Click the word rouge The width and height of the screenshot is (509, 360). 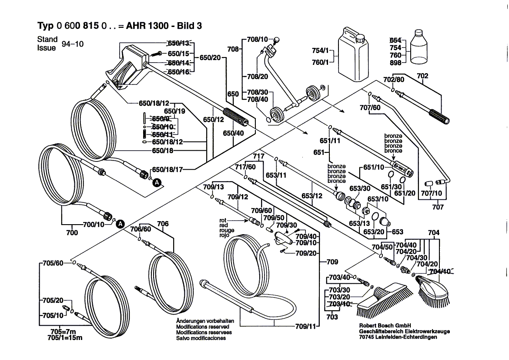(x=227, y=230)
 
